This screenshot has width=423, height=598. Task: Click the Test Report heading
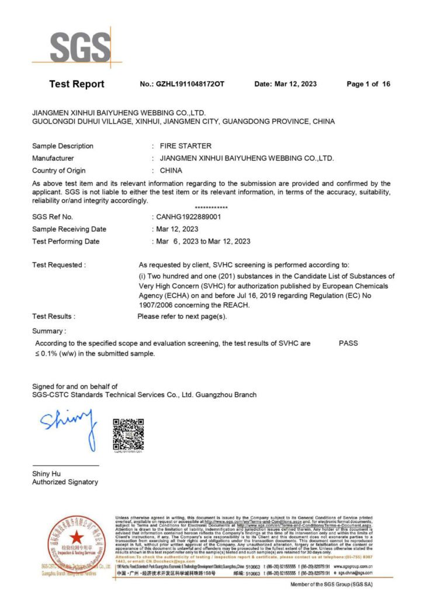(77, 84)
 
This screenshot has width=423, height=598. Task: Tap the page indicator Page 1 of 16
(368, 84)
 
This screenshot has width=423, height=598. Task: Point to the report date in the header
(286, 84)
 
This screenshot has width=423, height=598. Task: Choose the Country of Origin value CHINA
(171, 171)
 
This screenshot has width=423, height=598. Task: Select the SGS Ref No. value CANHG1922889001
(186, 217)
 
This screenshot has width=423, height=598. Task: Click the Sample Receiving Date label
(70, 230)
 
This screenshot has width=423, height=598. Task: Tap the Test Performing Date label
(66, 241)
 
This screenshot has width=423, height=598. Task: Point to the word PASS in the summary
(348, 343)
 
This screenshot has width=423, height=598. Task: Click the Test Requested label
(59, 265)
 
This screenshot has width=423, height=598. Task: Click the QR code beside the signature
(128, 434)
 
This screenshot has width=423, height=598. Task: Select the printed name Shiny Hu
(46, 474)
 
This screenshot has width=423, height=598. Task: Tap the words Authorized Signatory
(65, 482)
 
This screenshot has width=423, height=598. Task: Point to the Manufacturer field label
(53, 158)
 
